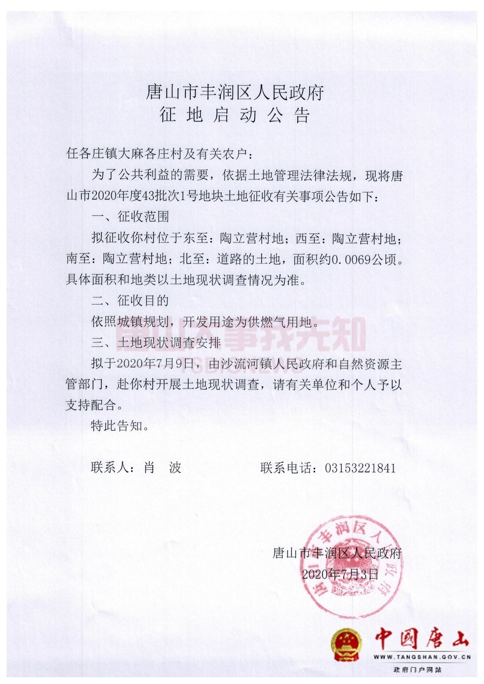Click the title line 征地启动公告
[234, 115]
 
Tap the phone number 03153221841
[360, 468]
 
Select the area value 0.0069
[351, 259]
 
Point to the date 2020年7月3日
[340, 574]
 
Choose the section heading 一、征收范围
[130, 217]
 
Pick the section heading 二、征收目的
[130, 301]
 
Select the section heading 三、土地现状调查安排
[156, 343]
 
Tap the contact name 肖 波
[163, 468]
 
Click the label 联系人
[110, 468]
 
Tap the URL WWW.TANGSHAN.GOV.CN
[422, 657]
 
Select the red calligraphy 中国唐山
[422, 639]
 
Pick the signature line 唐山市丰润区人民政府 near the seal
[337, 553]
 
